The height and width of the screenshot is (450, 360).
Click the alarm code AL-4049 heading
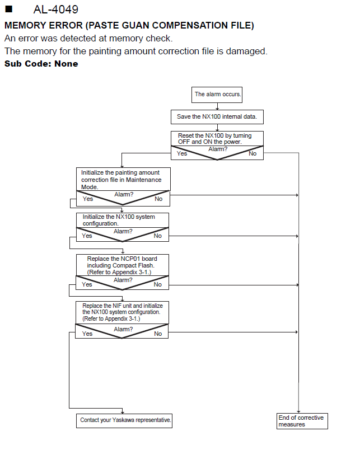(x=55, y=10)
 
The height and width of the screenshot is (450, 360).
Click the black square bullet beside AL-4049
(x=9, y=9)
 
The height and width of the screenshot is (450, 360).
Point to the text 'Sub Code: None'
(x=41, y=63)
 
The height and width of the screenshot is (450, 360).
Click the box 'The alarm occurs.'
(x=217, y=95)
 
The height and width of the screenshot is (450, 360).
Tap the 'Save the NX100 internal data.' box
(x=217, y=117)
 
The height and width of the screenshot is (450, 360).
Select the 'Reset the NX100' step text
(x=215, y=138)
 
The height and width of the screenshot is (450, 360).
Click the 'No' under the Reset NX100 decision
(x=253, y=153)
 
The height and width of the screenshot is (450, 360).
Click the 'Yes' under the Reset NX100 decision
(x=182, y=153)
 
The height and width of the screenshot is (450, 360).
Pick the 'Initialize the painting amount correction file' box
(x=123, y=179)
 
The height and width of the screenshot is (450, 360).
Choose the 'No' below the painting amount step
(x=158, y=199)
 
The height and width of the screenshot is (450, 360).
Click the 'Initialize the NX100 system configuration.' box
(x=123, y=220)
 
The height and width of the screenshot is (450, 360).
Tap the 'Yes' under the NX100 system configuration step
(x=87, y=236)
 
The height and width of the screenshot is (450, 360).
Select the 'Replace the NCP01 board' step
(x=123, y=265)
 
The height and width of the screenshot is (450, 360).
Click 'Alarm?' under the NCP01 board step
(x=123, y=280)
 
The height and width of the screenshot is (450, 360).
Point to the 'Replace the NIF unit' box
(x=122, y=312)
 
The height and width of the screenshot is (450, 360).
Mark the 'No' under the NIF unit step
(x=158, y=334)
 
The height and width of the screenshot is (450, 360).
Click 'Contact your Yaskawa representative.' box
(x=124, y=421)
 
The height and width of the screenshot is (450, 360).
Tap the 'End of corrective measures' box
(x=302, y=421)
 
